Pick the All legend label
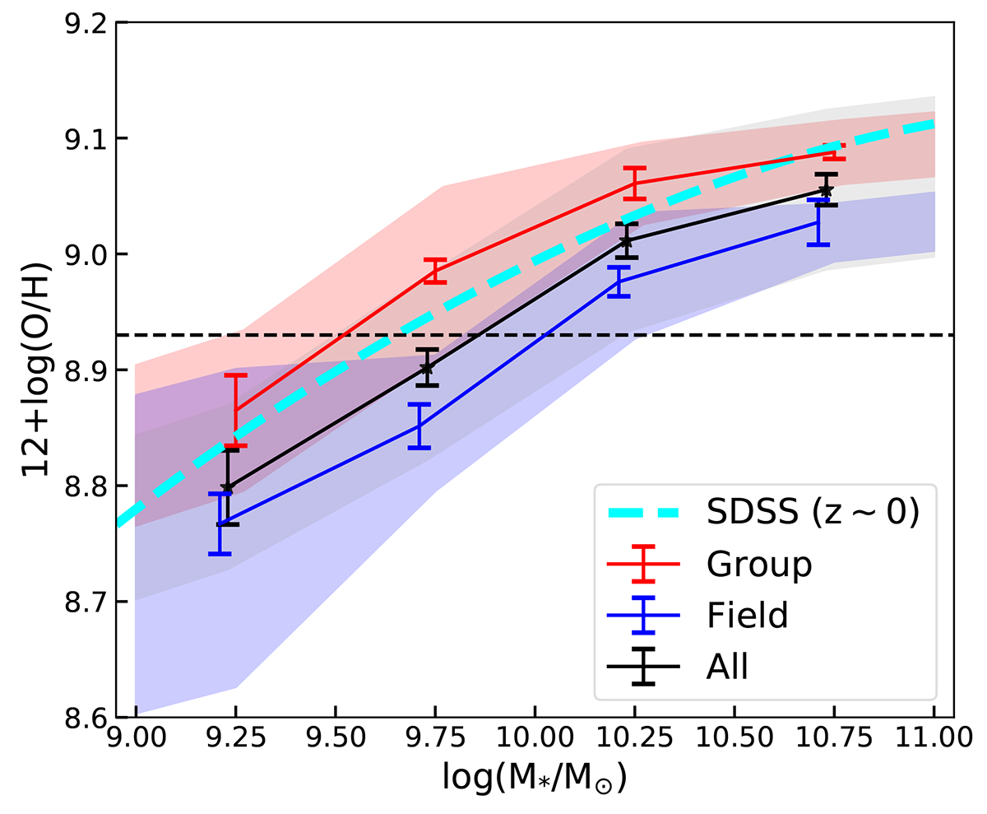727,667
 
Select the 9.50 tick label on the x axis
336,740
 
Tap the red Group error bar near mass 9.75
434,271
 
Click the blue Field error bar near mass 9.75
419,426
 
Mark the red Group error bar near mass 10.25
634,183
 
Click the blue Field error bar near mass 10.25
619,281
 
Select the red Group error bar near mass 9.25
235,410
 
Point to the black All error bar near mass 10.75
827,190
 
